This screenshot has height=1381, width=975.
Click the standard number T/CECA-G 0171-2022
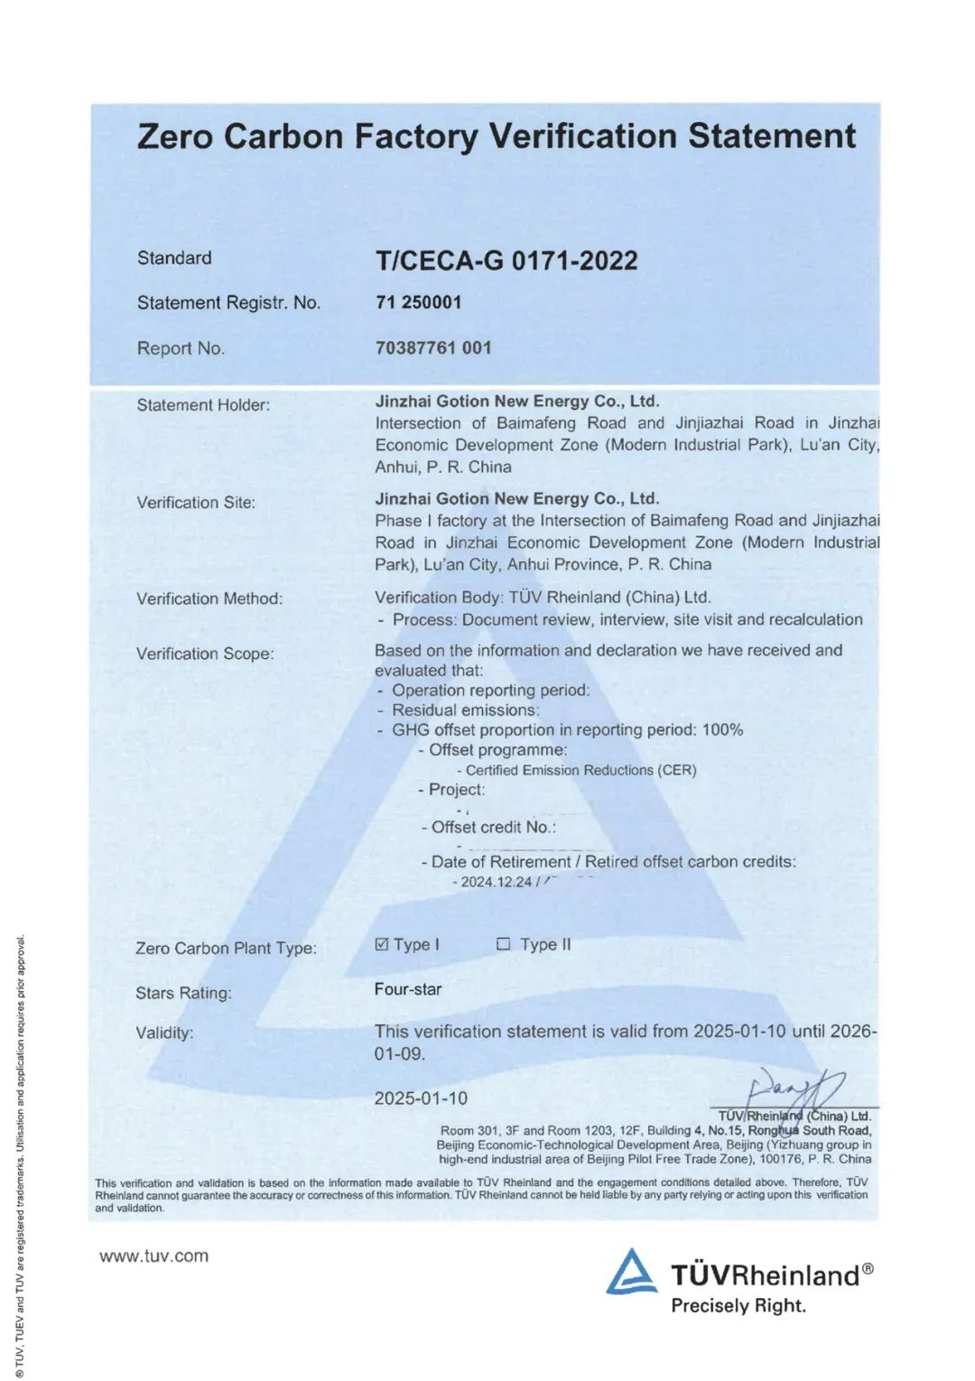(x=506, y=261)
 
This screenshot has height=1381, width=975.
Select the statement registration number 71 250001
(x=418, y=302)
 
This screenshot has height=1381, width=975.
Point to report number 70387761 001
(x=433, y=348)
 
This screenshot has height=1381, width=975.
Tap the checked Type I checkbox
(x=382, y=944)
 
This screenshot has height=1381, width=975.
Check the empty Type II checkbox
(x=504, y=944)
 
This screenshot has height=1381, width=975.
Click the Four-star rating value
(x=408, y=989)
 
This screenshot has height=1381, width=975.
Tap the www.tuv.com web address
(x=153, y=1256)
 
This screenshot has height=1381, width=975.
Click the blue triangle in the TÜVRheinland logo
(x=631, y=1272)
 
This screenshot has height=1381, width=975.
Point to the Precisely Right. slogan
(x=738, y=1305)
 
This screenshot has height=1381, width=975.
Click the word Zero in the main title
(x=176, y=136)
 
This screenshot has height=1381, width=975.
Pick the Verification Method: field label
(x=209, y=598)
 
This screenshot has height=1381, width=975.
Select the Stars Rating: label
(x=183, y=993)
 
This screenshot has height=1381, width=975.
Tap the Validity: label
(x=164, y=1033)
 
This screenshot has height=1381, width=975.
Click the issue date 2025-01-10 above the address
(x=421, y=1098)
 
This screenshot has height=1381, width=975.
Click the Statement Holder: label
(x=203, y=405)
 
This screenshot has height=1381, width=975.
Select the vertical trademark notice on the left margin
(x=20, y=1155)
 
